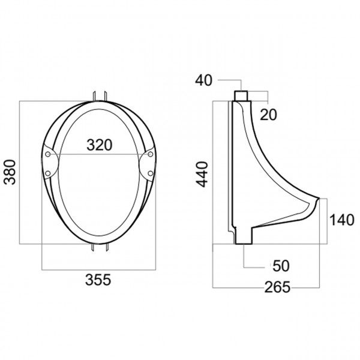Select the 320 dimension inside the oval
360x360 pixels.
(99, 145)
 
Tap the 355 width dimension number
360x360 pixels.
(98, 280)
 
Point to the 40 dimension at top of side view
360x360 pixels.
(204, 80)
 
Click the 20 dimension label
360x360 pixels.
(268, 115)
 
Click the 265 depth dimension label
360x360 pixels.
(277, 287)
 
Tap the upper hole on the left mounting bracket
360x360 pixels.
(49, 155)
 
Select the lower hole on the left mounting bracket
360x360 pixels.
(48, 173)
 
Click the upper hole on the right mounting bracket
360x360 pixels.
(148, 155)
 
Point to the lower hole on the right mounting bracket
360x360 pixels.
(149, 173)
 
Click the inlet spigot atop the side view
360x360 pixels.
(241, 95)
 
